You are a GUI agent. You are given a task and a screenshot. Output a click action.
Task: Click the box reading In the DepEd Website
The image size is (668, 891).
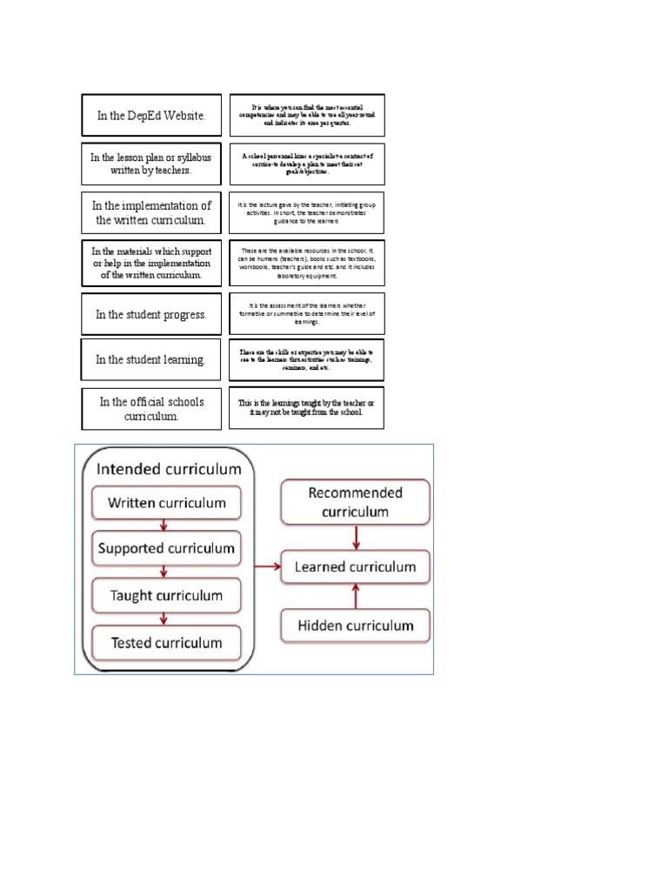[151, 116]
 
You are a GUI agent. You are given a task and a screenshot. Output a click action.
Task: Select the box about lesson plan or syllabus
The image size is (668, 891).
[151, 164]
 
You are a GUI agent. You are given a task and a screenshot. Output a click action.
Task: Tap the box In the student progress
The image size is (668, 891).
[151, 314]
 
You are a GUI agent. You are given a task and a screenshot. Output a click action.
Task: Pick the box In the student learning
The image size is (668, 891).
[151, 359]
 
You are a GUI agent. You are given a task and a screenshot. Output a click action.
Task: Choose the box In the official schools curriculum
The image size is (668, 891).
[151, 409]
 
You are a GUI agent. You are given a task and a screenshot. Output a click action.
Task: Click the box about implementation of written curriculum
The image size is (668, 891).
[151, 212]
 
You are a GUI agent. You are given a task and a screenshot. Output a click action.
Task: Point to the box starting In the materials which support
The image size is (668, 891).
[151, 263]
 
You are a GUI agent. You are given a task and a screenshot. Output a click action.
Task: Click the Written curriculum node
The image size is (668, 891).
[166, 503]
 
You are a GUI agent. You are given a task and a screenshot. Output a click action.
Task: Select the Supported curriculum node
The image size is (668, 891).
[166, 549]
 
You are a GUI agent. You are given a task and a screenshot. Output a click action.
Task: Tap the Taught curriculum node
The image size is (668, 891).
[166, 596]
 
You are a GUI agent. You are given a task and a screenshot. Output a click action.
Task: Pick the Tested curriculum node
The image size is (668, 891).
[166, 643]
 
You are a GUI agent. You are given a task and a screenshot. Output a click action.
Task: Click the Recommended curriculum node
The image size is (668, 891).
[355, 502]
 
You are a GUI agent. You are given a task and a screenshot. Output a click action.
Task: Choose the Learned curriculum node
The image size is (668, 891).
[355, 567]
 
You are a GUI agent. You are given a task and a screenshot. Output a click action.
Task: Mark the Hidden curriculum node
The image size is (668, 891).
[355, 625]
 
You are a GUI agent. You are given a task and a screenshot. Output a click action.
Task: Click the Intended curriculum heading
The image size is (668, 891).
[169, 469]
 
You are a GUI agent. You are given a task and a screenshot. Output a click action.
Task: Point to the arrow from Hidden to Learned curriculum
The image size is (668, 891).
[355, 596]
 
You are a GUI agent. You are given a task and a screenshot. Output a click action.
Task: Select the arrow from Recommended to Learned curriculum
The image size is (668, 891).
[355, 537]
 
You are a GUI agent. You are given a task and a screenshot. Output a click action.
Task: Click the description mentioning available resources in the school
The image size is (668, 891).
[306, 263]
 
